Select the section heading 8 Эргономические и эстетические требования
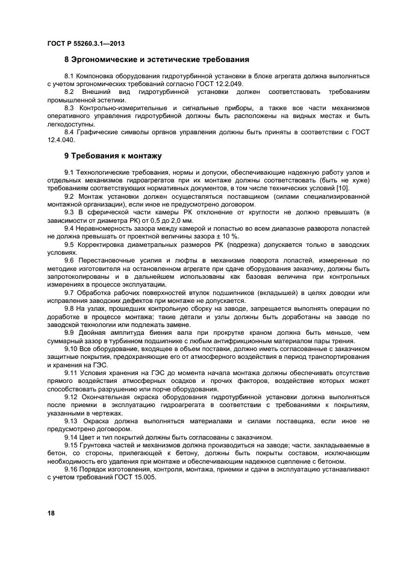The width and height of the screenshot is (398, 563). click(157, 60)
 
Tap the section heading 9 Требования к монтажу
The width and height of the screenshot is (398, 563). click(113, 156)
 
